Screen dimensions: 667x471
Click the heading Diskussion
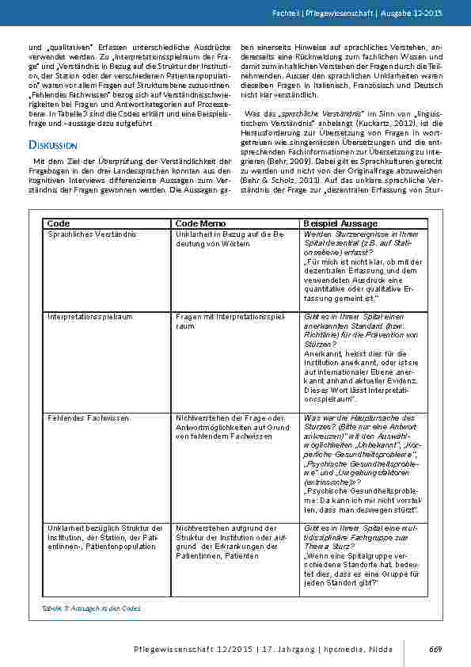click(51, 146)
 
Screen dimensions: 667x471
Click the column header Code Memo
click(200, 224)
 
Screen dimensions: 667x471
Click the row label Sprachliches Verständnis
click(92, 235)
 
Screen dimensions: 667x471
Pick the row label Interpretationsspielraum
click(89, 316)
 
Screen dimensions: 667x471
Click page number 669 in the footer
click(435, 650)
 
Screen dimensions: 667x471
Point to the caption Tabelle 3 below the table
click(91, 608)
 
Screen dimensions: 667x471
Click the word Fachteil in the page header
click(307, 15)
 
